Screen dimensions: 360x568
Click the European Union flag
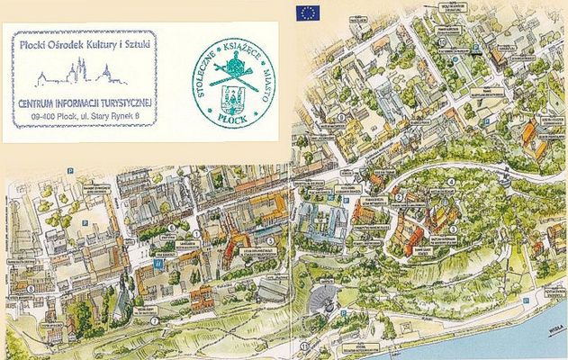coord(310,12)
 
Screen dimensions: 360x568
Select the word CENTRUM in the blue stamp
coord(39,101)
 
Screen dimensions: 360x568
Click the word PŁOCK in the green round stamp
coord(232,117)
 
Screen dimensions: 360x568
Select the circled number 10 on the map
coord(443,41)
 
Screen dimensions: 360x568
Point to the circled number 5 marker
coord(270,240)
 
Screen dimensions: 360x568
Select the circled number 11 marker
coord(305,345)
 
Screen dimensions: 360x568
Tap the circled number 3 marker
coord(453,229)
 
